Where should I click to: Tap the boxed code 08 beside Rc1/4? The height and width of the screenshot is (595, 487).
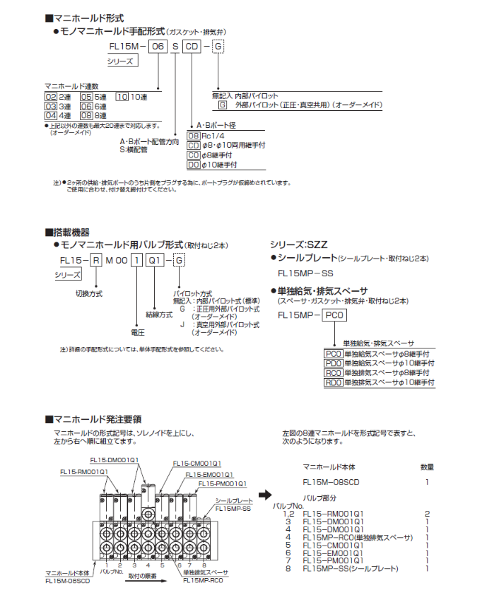[x=193, y=135]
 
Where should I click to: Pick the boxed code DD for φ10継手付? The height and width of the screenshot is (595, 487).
[x=193, y=164]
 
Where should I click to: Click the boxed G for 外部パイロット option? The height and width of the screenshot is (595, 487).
[x=223, y=105]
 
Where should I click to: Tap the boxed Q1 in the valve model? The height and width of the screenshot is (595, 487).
[x=156, y=260]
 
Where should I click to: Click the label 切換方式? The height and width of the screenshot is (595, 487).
[x=89, y=292]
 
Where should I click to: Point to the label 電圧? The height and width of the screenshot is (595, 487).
[x=138, y=331]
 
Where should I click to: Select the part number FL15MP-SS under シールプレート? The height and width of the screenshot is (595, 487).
[x=305, y=273]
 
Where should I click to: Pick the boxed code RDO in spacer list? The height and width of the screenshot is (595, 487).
[x=333, y=382]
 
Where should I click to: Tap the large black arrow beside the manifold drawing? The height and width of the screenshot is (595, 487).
[x=264, y=496]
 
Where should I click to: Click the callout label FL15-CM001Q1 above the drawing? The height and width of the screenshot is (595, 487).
[x=196, y=464]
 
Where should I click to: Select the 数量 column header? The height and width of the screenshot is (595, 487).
[x=427, y=467]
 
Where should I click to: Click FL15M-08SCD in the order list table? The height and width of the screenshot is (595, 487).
[x=331, y=482]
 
